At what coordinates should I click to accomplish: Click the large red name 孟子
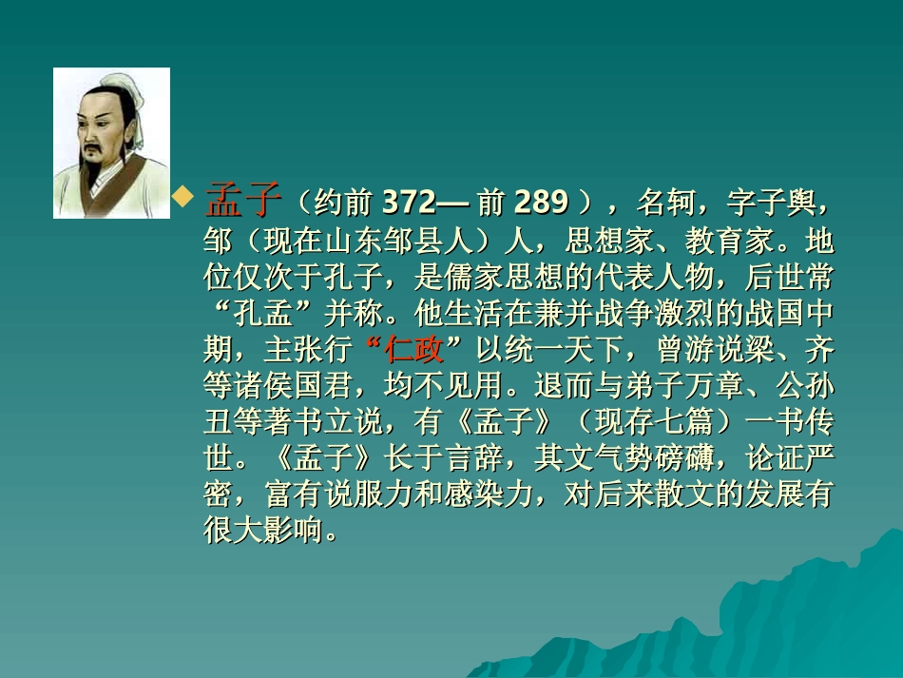(244, 201)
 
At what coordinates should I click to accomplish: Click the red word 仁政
(414, 350)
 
